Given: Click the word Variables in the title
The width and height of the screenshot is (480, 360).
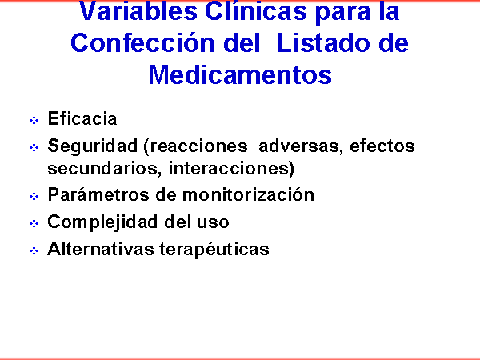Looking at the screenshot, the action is (138, 12).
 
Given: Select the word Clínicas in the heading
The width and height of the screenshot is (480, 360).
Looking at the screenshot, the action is (256, 12).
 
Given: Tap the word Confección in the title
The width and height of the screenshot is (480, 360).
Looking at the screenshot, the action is (142, 43).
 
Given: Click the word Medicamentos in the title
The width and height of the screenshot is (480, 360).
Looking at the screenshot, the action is (240, 74).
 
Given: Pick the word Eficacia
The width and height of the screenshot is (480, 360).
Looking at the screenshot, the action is (82, 118).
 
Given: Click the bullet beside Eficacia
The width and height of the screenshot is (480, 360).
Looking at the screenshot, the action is (34, 120).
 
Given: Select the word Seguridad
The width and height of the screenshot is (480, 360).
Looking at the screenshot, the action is (93, 146).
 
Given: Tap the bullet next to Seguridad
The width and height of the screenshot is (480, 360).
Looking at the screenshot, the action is (34, 147).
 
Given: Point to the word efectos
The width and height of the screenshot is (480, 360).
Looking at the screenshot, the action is (382, 146).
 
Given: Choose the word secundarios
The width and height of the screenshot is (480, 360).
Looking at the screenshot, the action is (105, 168).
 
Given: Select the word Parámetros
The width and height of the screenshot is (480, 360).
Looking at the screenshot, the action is (98, 194).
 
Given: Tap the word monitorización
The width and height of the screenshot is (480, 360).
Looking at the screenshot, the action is (248, 194).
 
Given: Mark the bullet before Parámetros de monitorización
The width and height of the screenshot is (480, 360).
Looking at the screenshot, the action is (34, 196).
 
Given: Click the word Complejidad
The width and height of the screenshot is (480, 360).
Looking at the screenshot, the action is (102, 222).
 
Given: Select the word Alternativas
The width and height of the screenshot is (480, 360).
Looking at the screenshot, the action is (101, 249).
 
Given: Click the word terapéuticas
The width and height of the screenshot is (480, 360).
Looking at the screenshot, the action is (214, 249).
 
